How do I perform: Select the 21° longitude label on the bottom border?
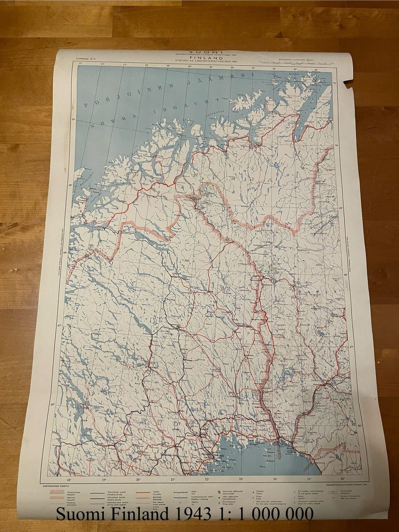tap(172, 480)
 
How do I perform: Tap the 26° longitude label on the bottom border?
tap(343, 479)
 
